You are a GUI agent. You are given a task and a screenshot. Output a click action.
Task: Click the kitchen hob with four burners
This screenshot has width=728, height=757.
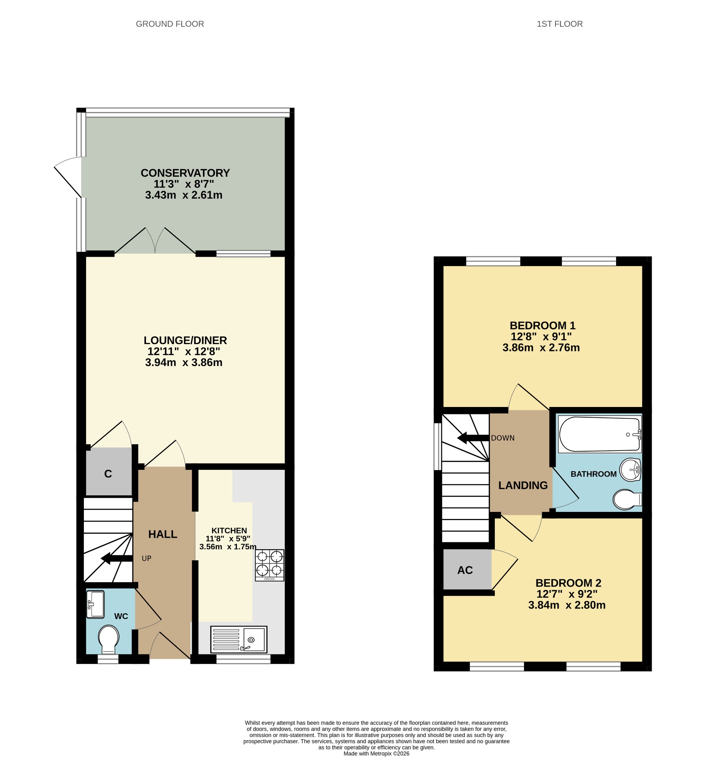tap(269, 565)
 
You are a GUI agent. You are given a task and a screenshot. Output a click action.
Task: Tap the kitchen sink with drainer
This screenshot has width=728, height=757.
tap(239, 639)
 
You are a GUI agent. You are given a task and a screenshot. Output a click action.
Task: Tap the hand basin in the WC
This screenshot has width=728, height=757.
tap(95, 604)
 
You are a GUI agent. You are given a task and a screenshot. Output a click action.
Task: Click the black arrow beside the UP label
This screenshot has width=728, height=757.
tap(117, 559)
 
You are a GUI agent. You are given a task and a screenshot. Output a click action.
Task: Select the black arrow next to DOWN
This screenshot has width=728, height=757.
tap(473, 438)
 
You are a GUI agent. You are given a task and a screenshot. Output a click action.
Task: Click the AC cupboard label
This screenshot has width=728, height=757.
tap(465, 570)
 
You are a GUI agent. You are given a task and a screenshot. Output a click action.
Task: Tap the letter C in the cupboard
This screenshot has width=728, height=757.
tap(108, 474)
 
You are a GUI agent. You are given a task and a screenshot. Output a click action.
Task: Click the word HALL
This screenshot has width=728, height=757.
tap(163, 534)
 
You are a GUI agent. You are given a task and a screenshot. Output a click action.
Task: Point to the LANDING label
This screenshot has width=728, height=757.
tap(523, 485)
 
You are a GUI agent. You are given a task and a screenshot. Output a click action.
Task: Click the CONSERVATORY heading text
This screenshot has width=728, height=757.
tap(186, 173)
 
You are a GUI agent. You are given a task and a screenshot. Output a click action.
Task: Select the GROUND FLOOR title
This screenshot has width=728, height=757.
tap(170, 24)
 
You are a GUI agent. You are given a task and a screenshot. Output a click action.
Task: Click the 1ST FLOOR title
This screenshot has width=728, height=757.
tap(559, 24)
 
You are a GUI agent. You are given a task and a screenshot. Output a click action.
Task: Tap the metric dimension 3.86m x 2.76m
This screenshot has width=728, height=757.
tap(541, 347)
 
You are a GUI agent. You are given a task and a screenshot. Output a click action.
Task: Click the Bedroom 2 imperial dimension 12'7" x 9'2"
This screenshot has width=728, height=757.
tap(567, 594)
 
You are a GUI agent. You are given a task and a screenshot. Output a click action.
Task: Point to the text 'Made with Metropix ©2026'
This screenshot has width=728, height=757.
tap(377, 754)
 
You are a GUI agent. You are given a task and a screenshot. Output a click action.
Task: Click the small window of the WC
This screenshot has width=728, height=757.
tap(108, 659)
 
